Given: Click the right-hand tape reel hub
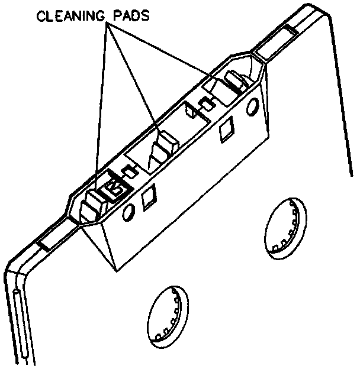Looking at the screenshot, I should click(x=286, y=228).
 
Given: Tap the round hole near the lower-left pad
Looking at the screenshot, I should click(x=127, y=212).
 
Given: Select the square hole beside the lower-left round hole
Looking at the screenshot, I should click(x=150, y=198).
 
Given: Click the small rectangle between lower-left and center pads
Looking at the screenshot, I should click(x=128, y=171).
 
